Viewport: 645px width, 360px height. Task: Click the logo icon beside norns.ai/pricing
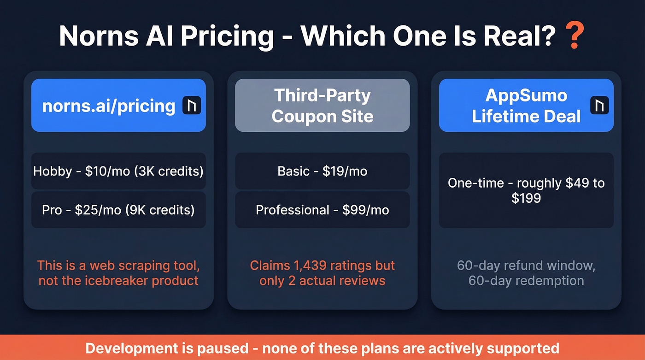(x=192, y=106)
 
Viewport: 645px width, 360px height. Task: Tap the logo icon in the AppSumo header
(x=599, y=106)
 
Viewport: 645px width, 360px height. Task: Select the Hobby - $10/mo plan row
(x=118, y=171)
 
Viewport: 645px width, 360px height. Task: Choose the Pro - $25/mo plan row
(x=118, y=210)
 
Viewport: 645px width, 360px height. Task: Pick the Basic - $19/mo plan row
(x=322, y=171)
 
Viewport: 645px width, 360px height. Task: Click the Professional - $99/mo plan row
(x=322, y=210)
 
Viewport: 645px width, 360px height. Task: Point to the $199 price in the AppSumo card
(x=526, y=199)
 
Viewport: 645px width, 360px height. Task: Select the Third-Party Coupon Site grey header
(x=322, y=106)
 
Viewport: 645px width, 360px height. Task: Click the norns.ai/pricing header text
(x=109, y=106)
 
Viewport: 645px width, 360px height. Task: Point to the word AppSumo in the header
(x=526, y=95)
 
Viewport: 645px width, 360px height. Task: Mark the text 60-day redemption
(x=526, y=281)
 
